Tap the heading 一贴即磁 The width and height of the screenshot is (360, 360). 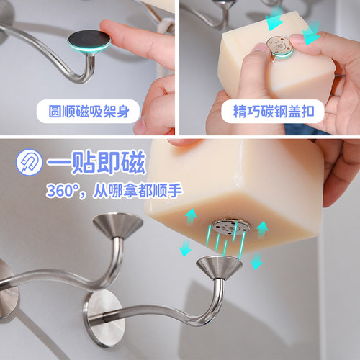click(x=96, y=162)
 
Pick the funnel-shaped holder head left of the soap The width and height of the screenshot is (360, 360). click(x=117, y=225)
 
